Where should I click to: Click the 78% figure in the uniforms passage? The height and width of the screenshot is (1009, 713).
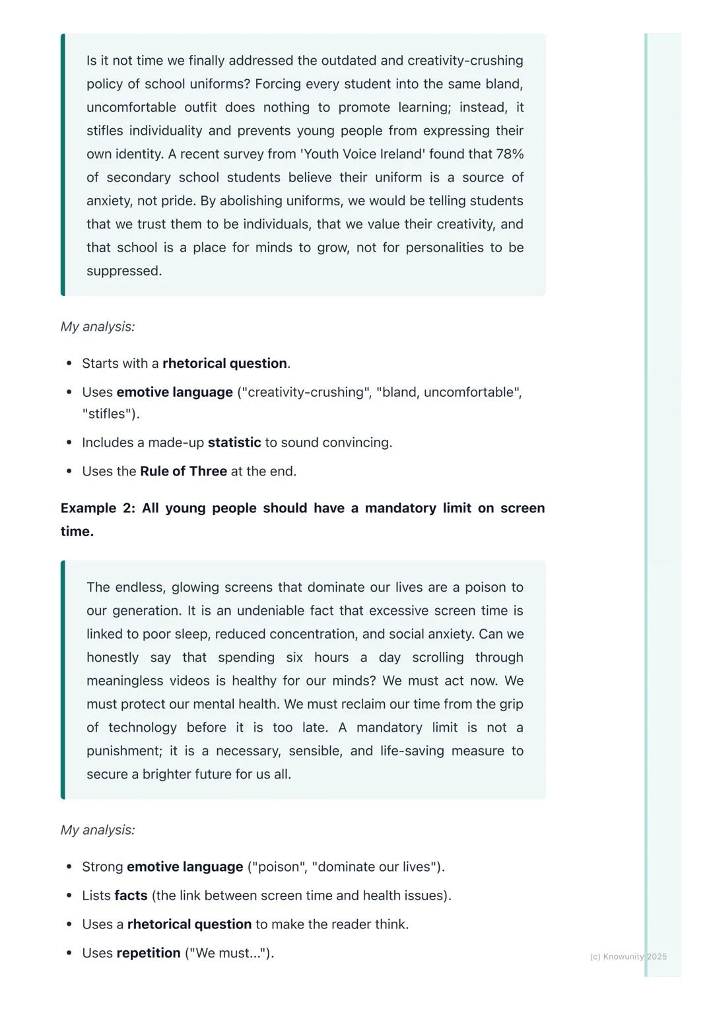click(510, 154)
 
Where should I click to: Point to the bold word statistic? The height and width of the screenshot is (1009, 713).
click(234, 442)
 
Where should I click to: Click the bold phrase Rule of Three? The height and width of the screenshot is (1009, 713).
click(184, 471)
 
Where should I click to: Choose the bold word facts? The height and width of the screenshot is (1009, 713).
click(131, 895)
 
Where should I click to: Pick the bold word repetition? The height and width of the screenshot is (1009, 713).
click(149, 953)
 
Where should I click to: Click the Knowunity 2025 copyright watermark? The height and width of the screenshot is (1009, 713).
click(628, 956)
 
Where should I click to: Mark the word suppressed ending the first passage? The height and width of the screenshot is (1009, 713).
click(123, 271)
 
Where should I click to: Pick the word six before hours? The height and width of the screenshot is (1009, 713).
click(294, 658)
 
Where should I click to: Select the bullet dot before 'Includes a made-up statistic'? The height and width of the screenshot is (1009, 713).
click(69, 443)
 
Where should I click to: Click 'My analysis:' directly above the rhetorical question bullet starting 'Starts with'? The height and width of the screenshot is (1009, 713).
click(98, 326)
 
